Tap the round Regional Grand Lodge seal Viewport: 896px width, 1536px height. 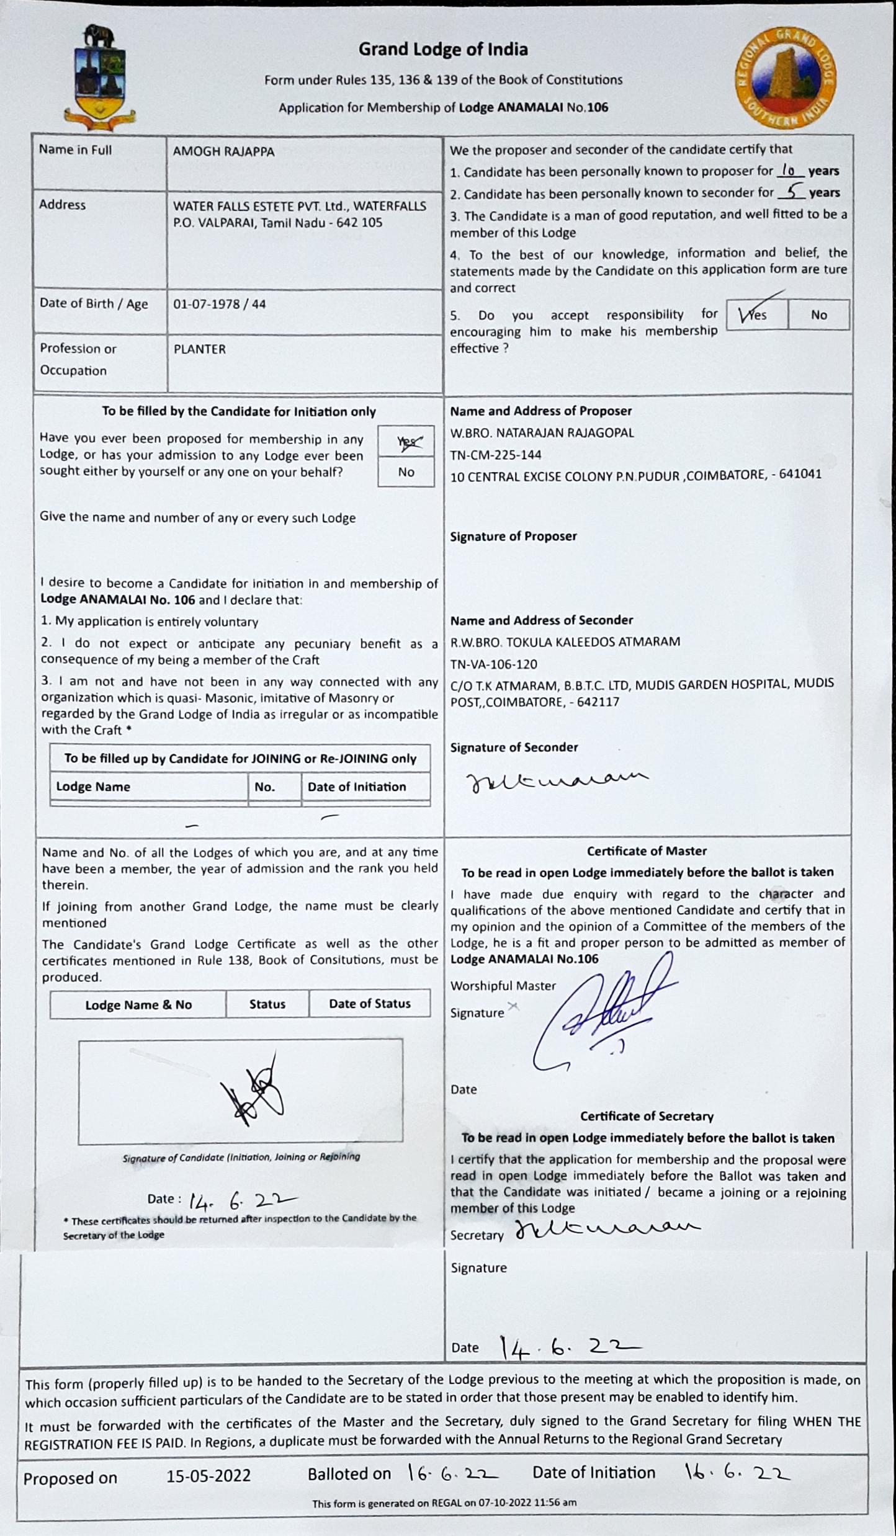(x=785, y=78)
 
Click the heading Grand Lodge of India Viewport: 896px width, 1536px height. (x=443, y=50)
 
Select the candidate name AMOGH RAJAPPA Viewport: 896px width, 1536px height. (x=223, y=151)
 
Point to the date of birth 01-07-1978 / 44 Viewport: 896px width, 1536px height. (x=220, y=304)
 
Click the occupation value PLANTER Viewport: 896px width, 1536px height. (x=200, y=349)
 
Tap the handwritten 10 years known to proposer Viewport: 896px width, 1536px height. (x=789, y=169)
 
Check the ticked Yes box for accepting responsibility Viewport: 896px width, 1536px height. (x=756, y=315)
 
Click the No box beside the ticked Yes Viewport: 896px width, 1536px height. (x=818, y=315)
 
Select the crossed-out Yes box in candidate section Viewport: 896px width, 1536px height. (x=406, y=442)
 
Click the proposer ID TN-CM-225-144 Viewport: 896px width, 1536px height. (x=496, y=455)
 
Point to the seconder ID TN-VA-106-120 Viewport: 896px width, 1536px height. (x=494, y=664)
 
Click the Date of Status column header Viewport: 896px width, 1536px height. (x=370, y=1004)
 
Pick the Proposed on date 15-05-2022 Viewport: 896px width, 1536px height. (x=208, y=1476)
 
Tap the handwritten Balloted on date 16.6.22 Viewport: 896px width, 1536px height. (x=453, y=1475)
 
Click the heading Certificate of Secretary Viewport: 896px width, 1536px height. (x=647, y=1116)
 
